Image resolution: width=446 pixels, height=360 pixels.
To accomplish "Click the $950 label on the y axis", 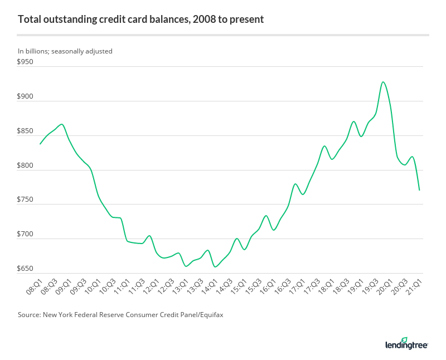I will coord(26,62).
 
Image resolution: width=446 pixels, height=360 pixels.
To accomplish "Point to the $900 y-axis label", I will coord(26,96).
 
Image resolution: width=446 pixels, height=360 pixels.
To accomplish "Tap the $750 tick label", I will coord(26,200).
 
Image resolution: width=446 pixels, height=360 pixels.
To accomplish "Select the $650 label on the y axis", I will coord(26,269).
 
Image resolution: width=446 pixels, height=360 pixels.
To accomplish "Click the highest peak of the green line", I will coord(383,82).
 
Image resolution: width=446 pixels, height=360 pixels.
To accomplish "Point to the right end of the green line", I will coord(419,190).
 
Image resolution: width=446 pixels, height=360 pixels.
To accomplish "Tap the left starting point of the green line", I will coord(40,144).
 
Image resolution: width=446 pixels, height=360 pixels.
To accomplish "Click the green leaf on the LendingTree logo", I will coord(404,339).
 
